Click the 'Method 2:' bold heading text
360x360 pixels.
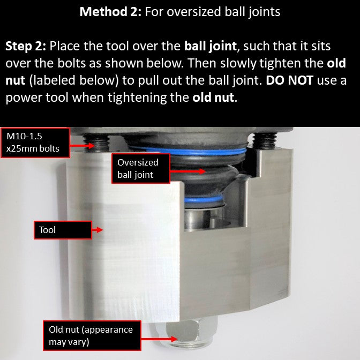point(110,11)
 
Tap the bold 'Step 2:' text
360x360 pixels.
point(26,47)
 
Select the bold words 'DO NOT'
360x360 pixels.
point(289,80)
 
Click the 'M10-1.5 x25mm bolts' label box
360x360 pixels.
point(35,142)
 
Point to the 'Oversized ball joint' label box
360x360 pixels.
point(141,169)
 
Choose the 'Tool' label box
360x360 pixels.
point(63,230)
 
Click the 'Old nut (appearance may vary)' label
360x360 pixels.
point(92,335)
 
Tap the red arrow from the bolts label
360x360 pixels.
point(82,145)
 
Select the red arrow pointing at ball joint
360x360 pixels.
point(187,171)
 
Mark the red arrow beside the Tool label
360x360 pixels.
point(97,230)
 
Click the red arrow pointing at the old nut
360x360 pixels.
point(159,339)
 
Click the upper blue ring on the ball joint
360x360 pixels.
point(188,151)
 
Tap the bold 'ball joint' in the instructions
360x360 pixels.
point(211,47)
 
